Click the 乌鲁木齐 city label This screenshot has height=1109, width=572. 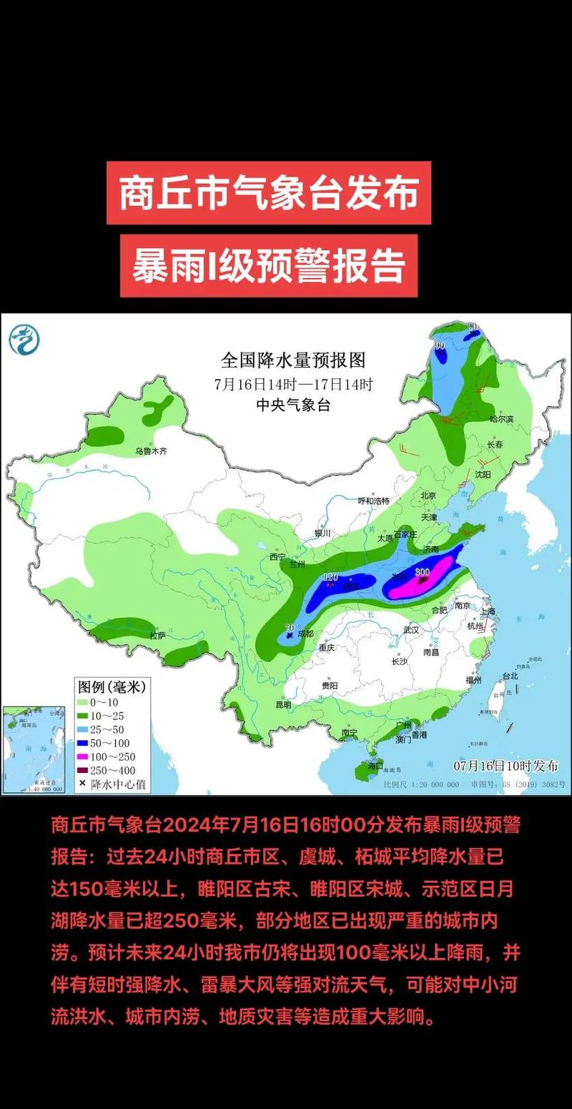(x=151, y=451)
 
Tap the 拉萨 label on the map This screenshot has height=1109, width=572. (x=158, y=635)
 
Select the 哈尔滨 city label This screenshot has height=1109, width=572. (x=501, y=419)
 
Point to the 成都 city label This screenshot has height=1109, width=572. (x=305, y=633)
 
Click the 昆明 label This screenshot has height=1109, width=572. (x=283, y=704)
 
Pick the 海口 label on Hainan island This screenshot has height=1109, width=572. (x=376, y=766)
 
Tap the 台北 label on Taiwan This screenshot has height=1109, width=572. (x=510, y=676)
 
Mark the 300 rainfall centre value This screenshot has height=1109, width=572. (x=422, y=571)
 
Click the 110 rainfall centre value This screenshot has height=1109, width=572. (x=330, y=577)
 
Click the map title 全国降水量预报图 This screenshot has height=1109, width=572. (x=293, y=360)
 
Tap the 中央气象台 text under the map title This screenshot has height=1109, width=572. (x=293, y=405)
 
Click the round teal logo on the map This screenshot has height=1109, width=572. (x=24, y=339)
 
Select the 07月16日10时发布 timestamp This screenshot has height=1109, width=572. (x=506, y=766)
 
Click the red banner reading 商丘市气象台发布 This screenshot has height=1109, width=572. (x=269, y=193)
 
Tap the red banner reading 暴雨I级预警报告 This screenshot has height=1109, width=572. (x=269, y=265)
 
